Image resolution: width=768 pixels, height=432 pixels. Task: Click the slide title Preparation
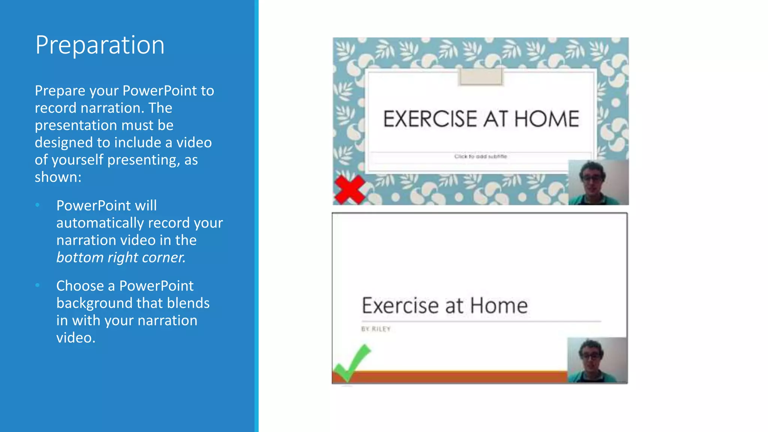pyautogui.click(x=100, y=45)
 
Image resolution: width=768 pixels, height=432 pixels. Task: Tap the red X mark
pyautogui.click(x=349, y=189)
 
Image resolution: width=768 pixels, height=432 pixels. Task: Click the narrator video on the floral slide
pyautogui.click(x=598, y=183)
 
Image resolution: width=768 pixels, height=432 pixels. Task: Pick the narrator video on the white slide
pyautogui.click(x=597, y=360)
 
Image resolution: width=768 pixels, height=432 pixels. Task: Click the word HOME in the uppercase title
pyautogui.click(x=547, y=119)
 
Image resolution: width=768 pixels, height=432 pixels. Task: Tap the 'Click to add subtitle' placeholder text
pyautogui.click(x=480, y=156)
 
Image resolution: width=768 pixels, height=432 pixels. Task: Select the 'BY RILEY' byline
pyautogui.click(x=376, y=329)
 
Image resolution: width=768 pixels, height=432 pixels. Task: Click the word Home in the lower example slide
pyautogui.click(x=499, y=305)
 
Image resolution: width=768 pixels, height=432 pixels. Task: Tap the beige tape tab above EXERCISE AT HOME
pyautogui.click(x=480, y=76)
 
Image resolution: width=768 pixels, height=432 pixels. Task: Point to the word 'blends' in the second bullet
pyautogui.click(x=188, y=303)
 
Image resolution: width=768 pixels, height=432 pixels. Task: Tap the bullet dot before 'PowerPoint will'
pyautogui.click(x=37, y=205)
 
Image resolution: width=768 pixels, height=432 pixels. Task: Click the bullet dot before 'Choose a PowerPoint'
pyautogui.click(x=37, y=285)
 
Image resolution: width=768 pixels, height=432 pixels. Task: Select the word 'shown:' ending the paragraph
pyautogui.click(x=58, y=177)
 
